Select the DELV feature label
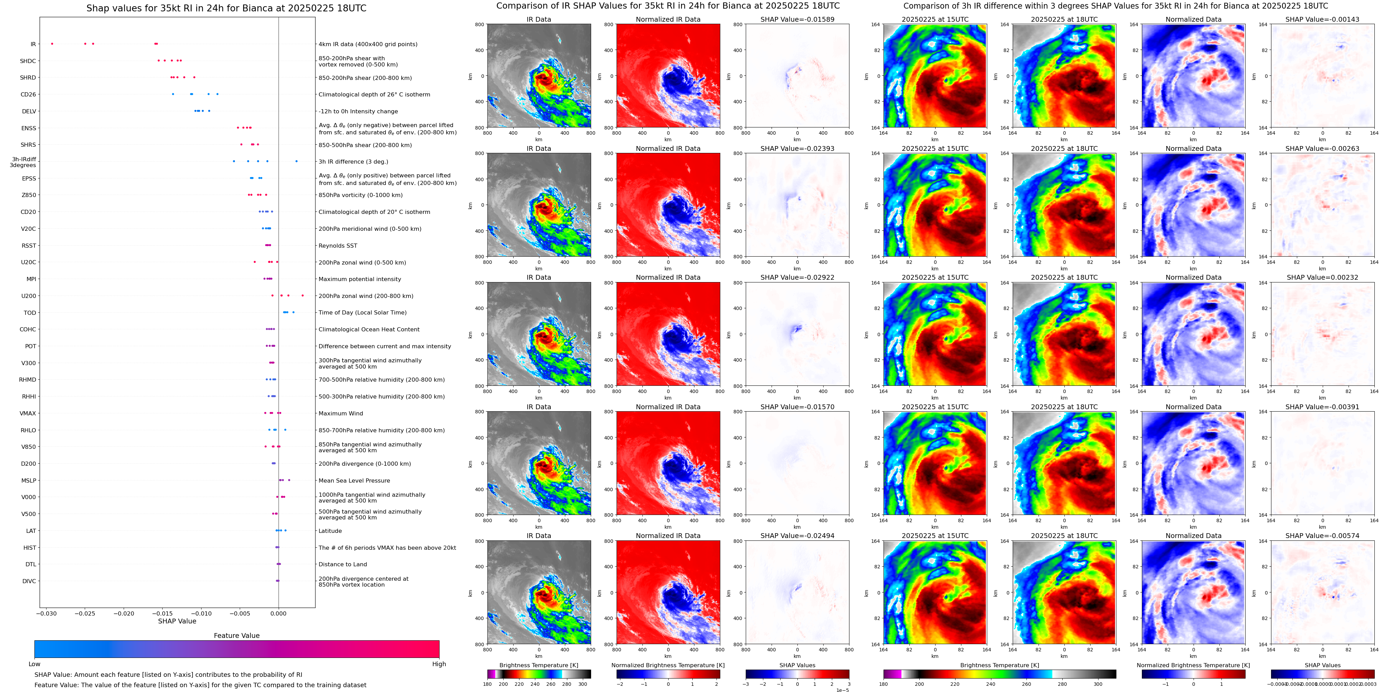[x=29, y=112]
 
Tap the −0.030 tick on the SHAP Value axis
[x=47, y=613]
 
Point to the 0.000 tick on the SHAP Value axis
[x=278, y=613]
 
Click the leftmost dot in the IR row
[x=52, y=43]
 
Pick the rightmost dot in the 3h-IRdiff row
[x=296, y=161]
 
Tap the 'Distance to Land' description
[x=342, y=564]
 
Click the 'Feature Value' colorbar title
[x=236, y=636]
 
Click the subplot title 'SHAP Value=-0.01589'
[x=797, y=19]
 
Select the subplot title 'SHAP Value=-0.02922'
[x=797, y=278]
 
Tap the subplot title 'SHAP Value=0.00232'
[x=1322, y=278]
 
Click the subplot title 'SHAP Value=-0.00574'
[x=1322, y=536]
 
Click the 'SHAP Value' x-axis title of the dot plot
[x=177, y=621]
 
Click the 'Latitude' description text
[x=330, y=531]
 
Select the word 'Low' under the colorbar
[x=34, y=664]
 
